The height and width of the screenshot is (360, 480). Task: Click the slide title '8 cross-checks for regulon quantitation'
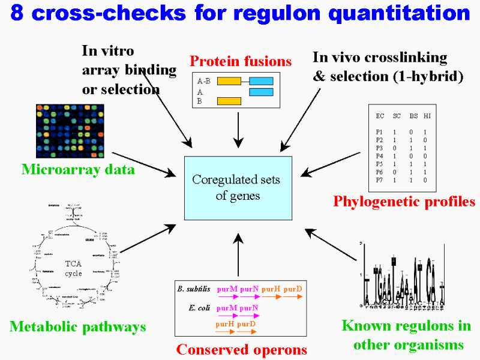(240, 14)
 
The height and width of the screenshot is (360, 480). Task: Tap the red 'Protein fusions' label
(240, 61)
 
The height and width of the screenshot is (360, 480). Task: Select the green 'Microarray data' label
(78, 170)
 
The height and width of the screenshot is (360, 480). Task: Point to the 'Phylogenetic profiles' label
(404, 202)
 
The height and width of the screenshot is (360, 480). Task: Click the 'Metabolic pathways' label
(78, 327)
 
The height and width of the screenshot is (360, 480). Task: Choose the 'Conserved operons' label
(242, 349)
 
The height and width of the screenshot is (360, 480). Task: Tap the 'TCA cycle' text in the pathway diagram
(74, 268)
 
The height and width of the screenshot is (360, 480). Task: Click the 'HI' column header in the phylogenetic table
(427, 115)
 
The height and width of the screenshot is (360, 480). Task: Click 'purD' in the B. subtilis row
(293, 289)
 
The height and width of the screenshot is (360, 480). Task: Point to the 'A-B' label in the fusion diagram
(203, 80)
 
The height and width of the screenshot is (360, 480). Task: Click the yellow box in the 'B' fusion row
(229, 101)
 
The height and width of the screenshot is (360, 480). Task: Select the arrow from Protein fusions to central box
(239, 129)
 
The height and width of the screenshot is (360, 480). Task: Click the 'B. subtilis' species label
(194, 289)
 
